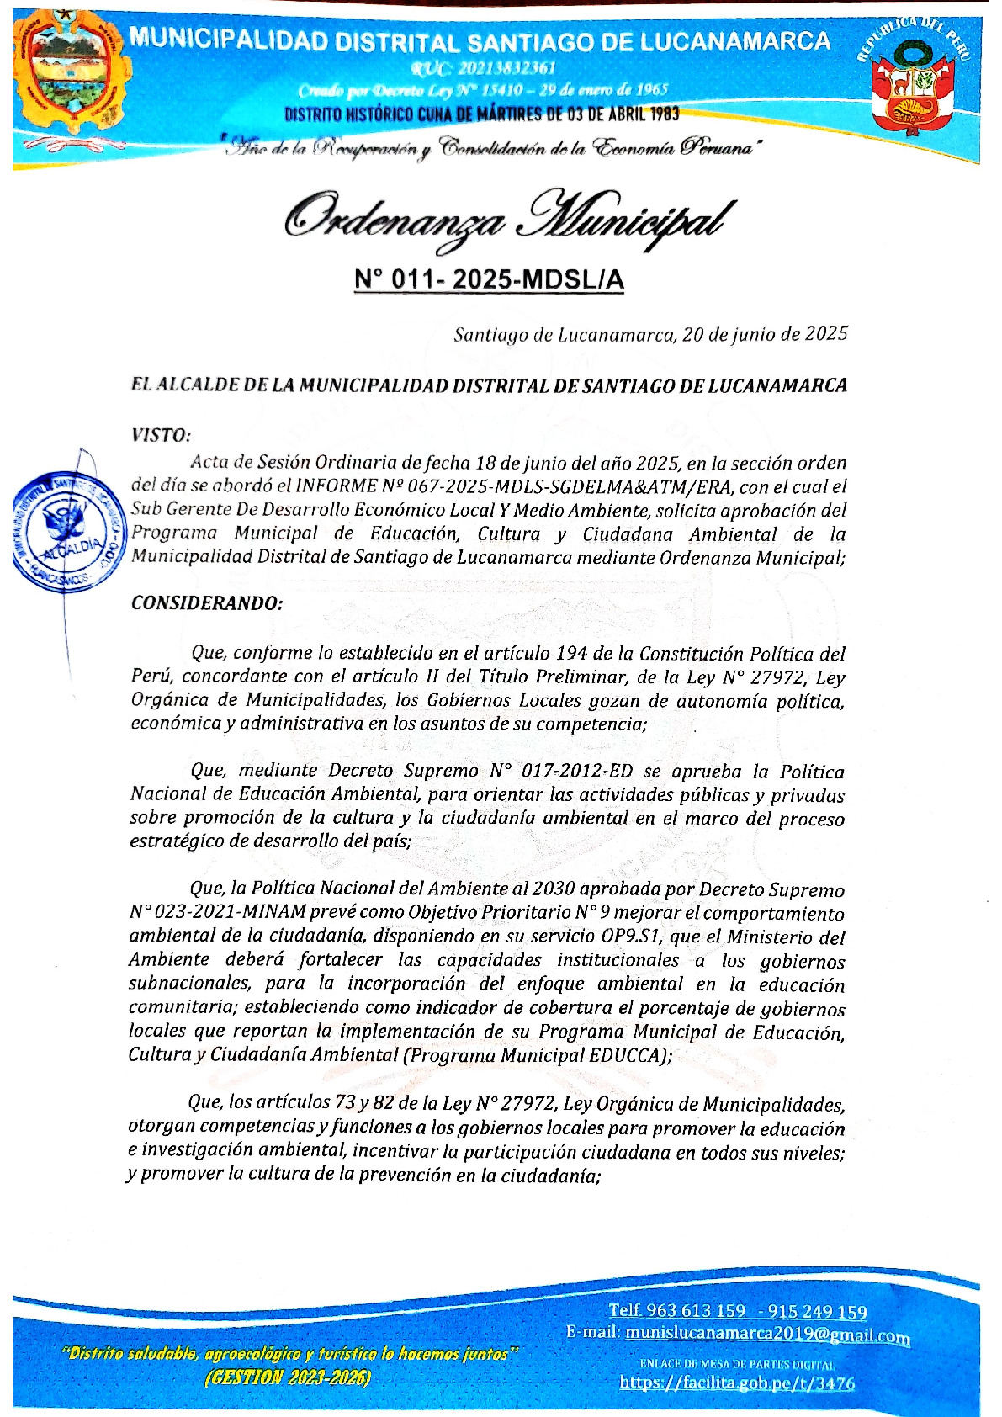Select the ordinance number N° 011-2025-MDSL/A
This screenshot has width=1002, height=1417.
489,279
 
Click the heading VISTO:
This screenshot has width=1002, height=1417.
161,435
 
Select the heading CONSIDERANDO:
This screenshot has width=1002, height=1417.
207,603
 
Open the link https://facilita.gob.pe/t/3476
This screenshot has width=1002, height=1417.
737,1383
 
